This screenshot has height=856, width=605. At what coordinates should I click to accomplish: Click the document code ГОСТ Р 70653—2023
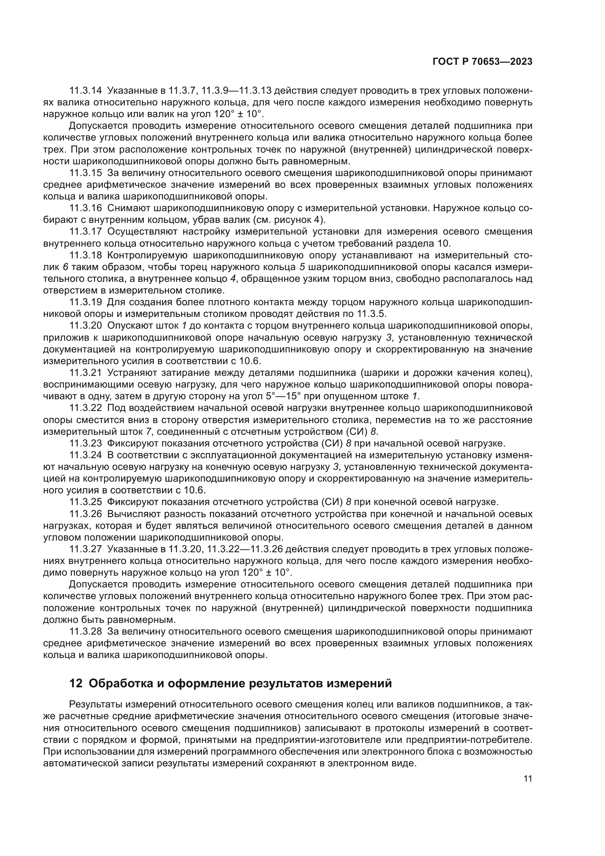pyautogui.click(x=482, y=62)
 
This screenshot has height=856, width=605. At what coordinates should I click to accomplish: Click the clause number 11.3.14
pyautogui.click(x=86, y=91)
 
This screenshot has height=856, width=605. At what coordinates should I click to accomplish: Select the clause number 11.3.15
pyautogui.click(x=86, y=173)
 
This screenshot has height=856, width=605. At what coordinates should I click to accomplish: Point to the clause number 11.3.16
pyautogui.click(x=86, y=208)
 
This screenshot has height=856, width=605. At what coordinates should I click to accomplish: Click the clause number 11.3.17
pyautogui.click(x=86, y=232)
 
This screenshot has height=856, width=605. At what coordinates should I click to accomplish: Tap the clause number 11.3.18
pyautogui.click(x=86, y=255)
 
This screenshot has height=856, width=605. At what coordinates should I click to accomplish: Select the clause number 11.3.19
pyautogui.click(x=86, y=302)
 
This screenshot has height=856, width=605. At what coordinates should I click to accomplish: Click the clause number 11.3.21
pyautogui.click(x=86, y=373)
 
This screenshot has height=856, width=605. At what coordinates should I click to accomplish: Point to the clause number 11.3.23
pyautogui.click(x=86, y=443)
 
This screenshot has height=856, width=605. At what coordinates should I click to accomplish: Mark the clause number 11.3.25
pyautogui.click(x=86, y=502)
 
